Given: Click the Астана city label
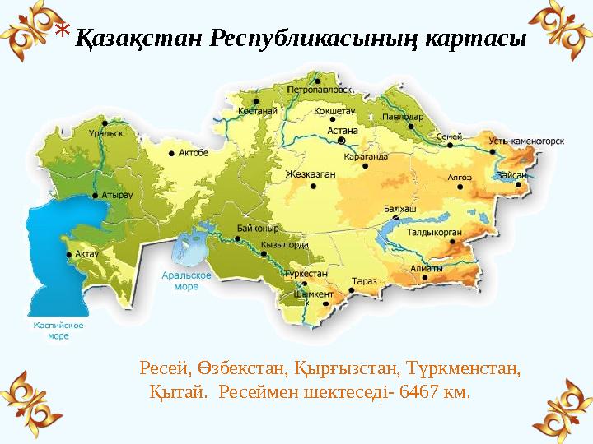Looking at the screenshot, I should (x=343, y=129).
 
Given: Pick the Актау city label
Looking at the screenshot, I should (x=86, y=254).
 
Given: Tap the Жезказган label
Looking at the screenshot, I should (x=311, y=174).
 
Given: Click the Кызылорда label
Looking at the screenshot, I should (x=284, y=245).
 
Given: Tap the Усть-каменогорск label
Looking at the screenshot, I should (x=526, y=141).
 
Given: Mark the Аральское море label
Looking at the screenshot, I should (x=186, y=282).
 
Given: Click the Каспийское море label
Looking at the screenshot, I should (x=58, y=331).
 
